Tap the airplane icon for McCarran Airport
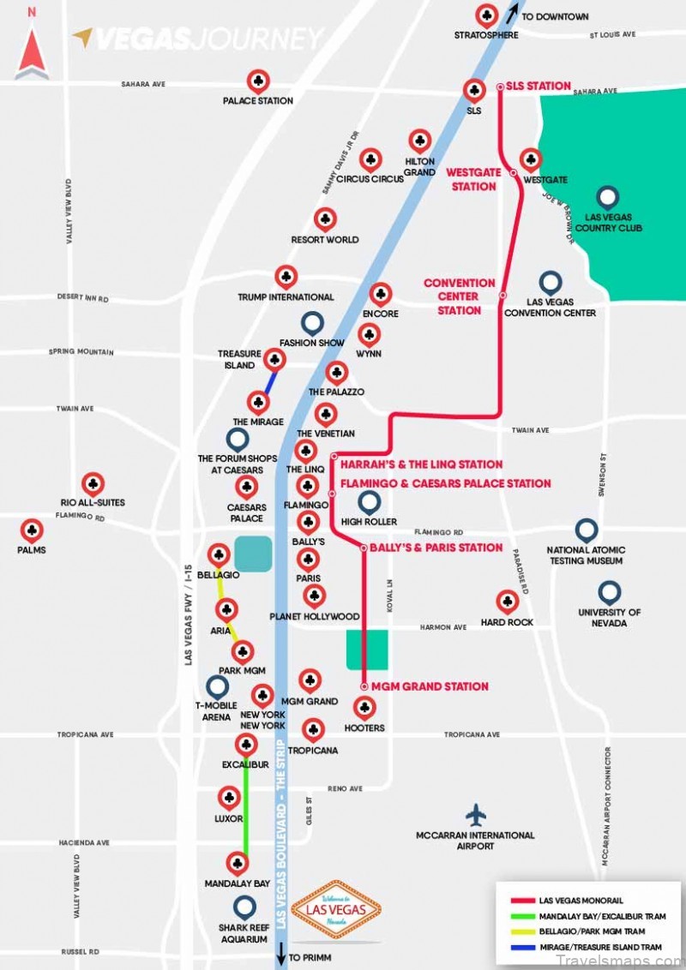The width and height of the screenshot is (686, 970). pos(475,815)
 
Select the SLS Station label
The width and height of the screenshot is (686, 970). pos(538,86)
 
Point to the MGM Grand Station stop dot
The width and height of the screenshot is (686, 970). pos(364,686)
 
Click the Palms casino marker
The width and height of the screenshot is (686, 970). pos(32,530)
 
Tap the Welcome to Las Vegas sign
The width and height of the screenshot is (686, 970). pos(336,909)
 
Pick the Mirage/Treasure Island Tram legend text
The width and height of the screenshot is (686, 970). pos(600,947)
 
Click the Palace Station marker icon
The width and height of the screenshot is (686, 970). pos(258,81)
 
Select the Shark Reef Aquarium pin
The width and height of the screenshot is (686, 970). pos(244,906)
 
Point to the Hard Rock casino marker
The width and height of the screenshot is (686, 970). pos(507,601)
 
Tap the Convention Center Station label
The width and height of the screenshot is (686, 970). pos(460,296)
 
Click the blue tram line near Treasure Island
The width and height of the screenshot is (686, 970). pos(269,380)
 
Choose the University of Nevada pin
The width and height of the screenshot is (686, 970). pos(609,591)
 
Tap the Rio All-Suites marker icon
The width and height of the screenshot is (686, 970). pos(93,483)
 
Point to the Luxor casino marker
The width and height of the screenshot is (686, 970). pos(229,798)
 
